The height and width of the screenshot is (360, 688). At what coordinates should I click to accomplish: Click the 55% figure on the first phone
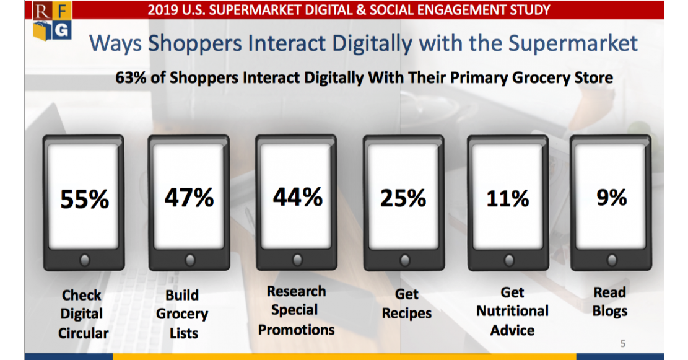[84, 200]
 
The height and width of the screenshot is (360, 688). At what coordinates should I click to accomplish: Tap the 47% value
[189, 197]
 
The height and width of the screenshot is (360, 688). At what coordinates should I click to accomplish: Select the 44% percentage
[297, 196]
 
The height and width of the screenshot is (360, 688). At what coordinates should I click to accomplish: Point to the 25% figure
[403, 198]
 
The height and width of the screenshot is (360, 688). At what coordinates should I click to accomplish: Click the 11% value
[507, 198]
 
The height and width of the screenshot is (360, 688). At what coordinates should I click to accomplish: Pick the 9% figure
[611, 197]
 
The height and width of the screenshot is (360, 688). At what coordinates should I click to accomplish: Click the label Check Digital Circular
[83, 314]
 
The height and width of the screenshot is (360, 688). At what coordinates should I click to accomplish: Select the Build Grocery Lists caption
[182, 314]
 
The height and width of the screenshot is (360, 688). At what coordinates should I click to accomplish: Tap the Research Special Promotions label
[296, 310]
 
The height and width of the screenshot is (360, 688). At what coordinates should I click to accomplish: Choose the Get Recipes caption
[406, 304]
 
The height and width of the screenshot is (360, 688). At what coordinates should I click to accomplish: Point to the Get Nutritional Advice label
[512, 311]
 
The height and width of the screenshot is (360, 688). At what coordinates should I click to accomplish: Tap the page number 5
[623, 343]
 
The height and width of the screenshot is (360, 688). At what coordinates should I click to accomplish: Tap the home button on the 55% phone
[85, 259]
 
